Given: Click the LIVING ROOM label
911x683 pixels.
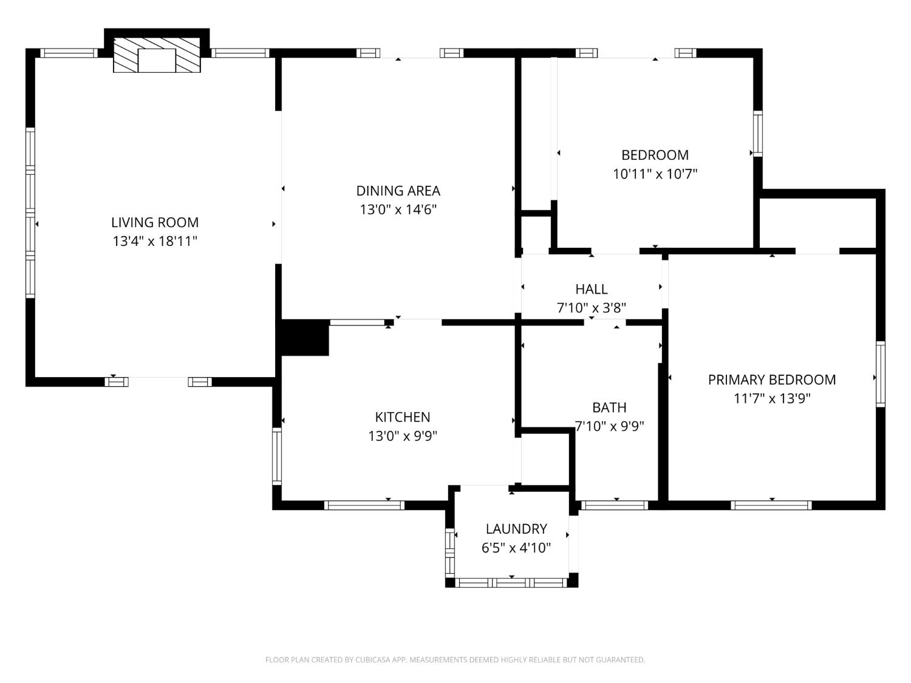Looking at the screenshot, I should click(155, 222).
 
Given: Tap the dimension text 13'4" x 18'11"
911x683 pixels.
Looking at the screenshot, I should click(155, 242).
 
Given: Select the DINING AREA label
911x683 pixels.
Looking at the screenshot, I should click(398, 191).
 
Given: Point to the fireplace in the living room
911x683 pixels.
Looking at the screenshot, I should click(157, 56).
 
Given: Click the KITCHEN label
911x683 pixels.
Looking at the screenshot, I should click(402, 417).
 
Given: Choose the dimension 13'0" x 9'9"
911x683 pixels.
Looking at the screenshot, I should click(402, 436).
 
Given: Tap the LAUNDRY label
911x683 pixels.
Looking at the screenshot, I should click(516, 529).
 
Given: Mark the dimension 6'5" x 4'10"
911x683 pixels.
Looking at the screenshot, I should click(516, 548).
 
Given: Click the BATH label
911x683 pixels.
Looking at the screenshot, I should click(609, 407).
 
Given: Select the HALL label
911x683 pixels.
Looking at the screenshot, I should click(591, 289).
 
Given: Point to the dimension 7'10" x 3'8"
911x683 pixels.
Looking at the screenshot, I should click(591, 308).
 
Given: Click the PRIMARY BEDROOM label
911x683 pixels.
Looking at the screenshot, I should click(771, 379).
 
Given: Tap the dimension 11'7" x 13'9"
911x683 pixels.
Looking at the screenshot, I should click(771, 399).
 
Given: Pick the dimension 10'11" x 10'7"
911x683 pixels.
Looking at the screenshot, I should click(655, 174).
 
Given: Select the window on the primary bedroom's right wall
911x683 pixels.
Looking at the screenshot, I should click(880, 373).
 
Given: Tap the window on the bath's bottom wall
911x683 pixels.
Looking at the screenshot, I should click(615, 505).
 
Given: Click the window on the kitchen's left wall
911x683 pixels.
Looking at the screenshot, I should click(277, 455).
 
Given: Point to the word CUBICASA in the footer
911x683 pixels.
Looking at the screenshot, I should click(372, 660).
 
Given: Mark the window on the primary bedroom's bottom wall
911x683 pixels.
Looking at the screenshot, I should click(771, 505).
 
